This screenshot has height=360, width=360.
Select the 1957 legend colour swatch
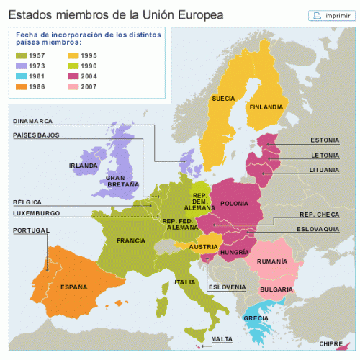23,54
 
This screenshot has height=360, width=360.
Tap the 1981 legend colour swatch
23,76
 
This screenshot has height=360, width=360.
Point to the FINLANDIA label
266,108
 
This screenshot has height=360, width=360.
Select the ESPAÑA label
73,287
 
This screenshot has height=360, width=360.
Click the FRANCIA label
131,240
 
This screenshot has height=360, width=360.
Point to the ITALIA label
185,282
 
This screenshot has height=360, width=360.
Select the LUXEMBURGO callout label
37,214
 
